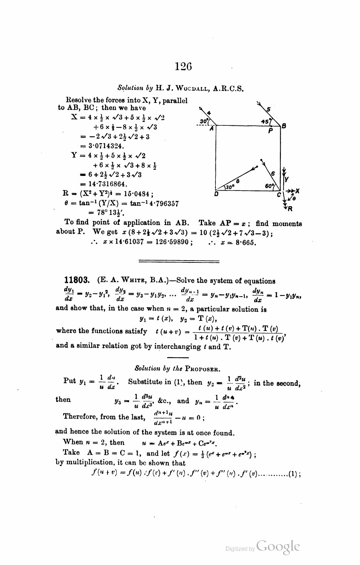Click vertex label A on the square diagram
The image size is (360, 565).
pos(211,128)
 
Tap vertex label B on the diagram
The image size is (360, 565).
pos(284,126)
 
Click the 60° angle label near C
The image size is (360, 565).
pos(269,186)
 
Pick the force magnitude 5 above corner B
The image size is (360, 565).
pos(268,109)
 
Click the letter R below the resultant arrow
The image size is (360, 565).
pos(289,209)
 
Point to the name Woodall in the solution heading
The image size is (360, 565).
pos(191,88)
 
